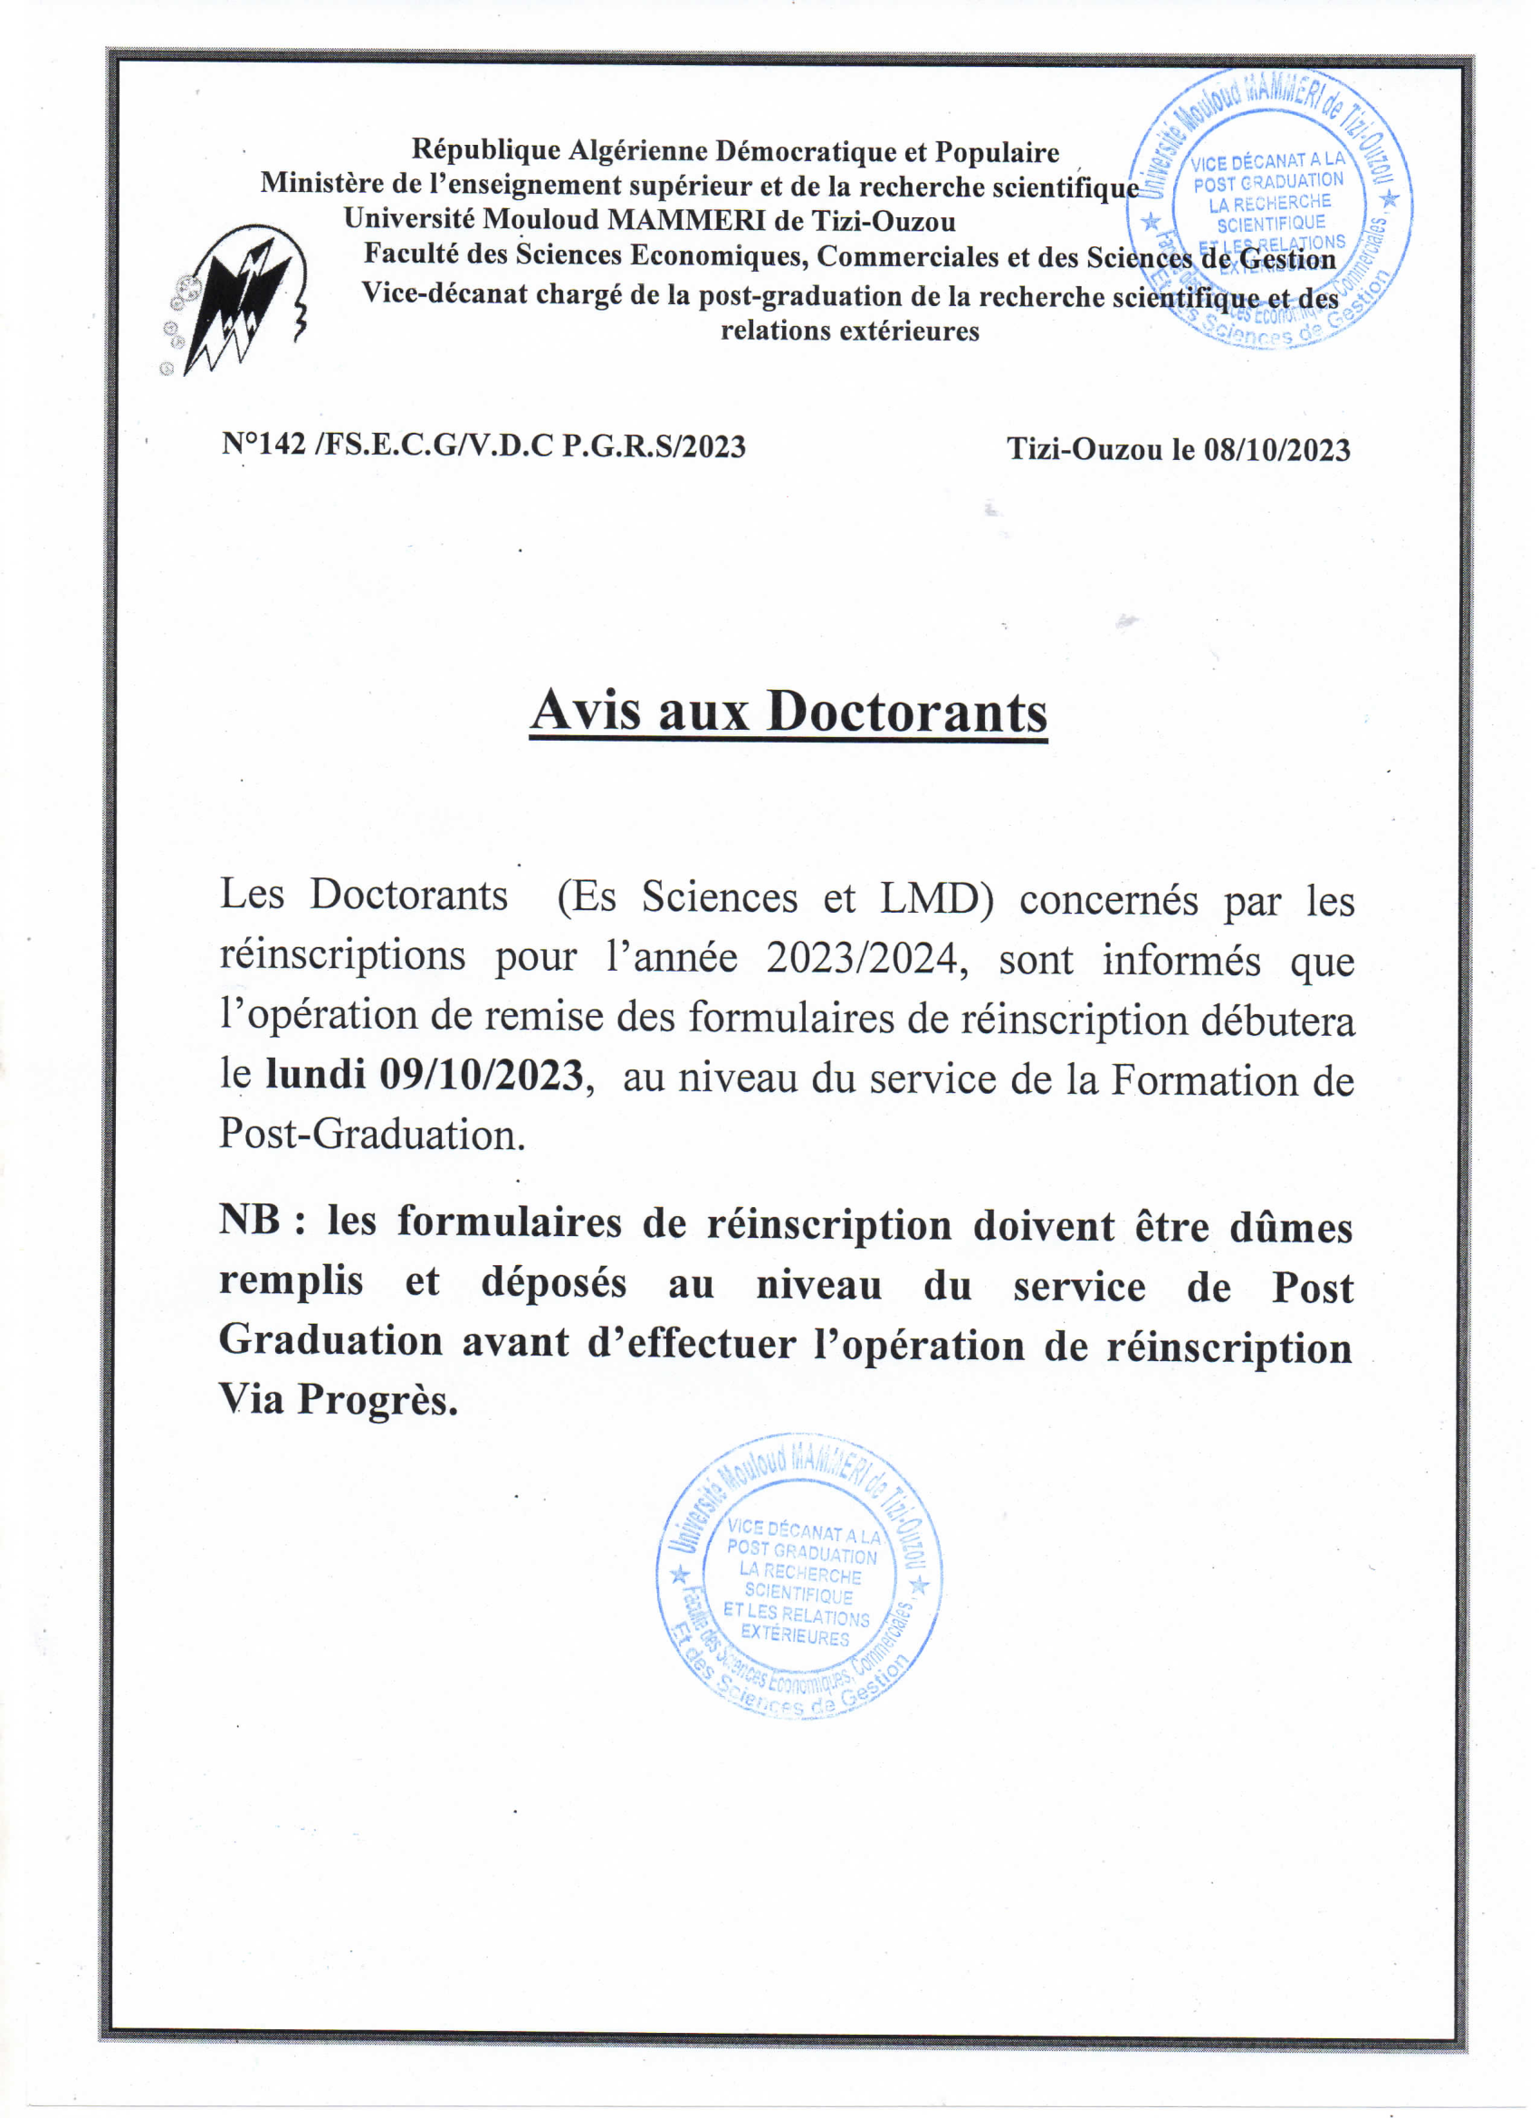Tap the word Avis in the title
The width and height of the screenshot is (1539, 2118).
(x=587, y=711)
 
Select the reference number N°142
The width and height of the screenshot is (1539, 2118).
(x=264, y=444)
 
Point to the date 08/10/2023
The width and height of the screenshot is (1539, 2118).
(x=1276, y=450)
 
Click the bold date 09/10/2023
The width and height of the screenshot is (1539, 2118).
(x=481, y=1075)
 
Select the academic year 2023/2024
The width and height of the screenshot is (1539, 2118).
(x=864, y=958)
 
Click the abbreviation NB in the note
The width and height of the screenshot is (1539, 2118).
(x=249, y=1220)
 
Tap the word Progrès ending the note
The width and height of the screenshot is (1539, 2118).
(x=378, y=1400)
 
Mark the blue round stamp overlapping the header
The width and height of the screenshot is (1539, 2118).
(x=1270, y=207)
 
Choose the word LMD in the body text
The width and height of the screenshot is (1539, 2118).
(x=936, y=899)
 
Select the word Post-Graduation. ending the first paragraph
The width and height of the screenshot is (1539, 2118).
(x=372, y=1135)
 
